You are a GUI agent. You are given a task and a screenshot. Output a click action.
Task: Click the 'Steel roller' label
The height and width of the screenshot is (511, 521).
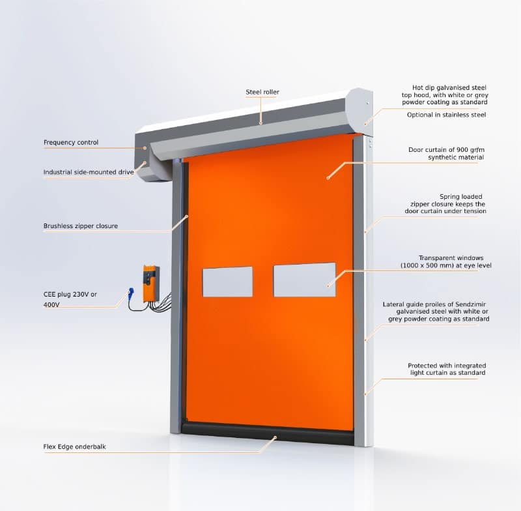coord(262,92)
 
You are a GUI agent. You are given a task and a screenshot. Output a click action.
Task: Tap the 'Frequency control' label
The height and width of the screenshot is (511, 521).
coord(71,143)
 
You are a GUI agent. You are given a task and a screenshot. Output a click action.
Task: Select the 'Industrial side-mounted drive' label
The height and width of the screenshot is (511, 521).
coord(89,172)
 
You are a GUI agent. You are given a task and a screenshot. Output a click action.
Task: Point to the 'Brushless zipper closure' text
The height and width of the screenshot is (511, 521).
coord(80,226)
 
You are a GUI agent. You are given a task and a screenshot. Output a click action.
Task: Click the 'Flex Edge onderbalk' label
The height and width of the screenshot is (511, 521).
coord(74,447)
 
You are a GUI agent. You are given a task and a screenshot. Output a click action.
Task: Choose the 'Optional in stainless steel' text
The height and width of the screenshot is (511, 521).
coord(446,115)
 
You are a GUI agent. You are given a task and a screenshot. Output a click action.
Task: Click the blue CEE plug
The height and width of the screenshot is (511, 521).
coord(131,292)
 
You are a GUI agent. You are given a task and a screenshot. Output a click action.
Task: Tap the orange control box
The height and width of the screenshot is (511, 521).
coord(151,284)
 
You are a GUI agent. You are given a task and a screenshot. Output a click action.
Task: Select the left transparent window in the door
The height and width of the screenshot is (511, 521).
coord(227,282)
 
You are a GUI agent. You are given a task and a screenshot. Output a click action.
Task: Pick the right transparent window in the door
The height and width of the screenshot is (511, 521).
coord(305,280)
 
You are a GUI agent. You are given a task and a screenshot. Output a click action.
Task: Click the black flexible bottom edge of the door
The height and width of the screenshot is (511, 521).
coord(268,433)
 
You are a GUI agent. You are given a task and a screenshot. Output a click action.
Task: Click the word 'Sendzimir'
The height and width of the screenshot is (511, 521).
coord(470,304)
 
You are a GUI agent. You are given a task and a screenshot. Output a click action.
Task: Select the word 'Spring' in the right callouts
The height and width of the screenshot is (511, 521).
coord(449,197)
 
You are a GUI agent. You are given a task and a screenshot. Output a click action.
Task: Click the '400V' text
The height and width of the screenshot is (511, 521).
coord(51,304)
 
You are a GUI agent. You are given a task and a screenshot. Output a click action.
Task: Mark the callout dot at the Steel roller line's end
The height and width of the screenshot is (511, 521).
coord(261,123)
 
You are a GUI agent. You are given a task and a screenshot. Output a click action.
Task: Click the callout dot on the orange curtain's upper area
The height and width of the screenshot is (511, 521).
coord(328,178)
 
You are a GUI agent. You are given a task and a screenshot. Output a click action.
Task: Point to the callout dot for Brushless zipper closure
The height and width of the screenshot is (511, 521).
coord(187,216)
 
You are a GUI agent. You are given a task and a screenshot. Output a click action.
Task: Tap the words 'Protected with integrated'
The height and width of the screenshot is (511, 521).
coord(447,366)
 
